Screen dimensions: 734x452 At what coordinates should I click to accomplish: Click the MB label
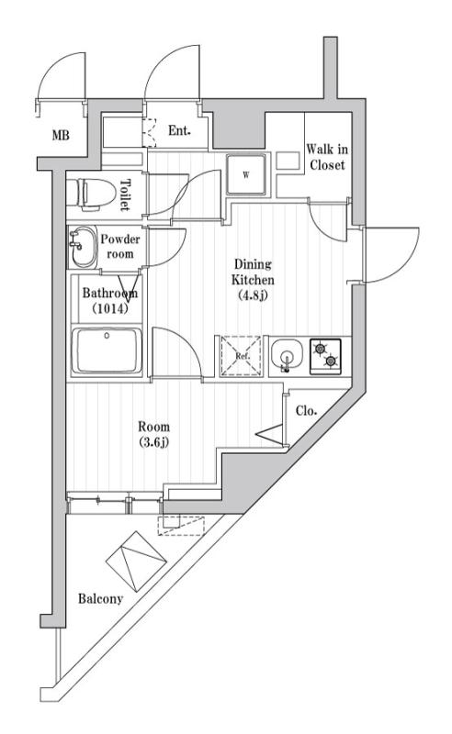click(61, 136)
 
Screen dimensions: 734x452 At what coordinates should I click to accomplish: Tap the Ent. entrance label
click(180, 131)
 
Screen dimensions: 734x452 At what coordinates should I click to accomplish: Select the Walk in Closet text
click(326, 158)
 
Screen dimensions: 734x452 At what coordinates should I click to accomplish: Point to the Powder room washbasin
click(82, 244)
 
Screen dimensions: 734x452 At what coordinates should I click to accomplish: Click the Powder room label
click(119, 245)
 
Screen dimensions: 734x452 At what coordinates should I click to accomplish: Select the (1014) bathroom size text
click(109, 308)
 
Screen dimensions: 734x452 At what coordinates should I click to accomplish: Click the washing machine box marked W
click(247, 173)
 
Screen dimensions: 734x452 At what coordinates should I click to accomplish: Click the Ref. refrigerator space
click(242, 355)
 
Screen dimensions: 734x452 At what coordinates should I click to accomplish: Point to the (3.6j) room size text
click(153, 442)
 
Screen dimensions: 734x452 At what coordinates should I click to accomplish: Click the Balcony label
click(100, 599)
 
